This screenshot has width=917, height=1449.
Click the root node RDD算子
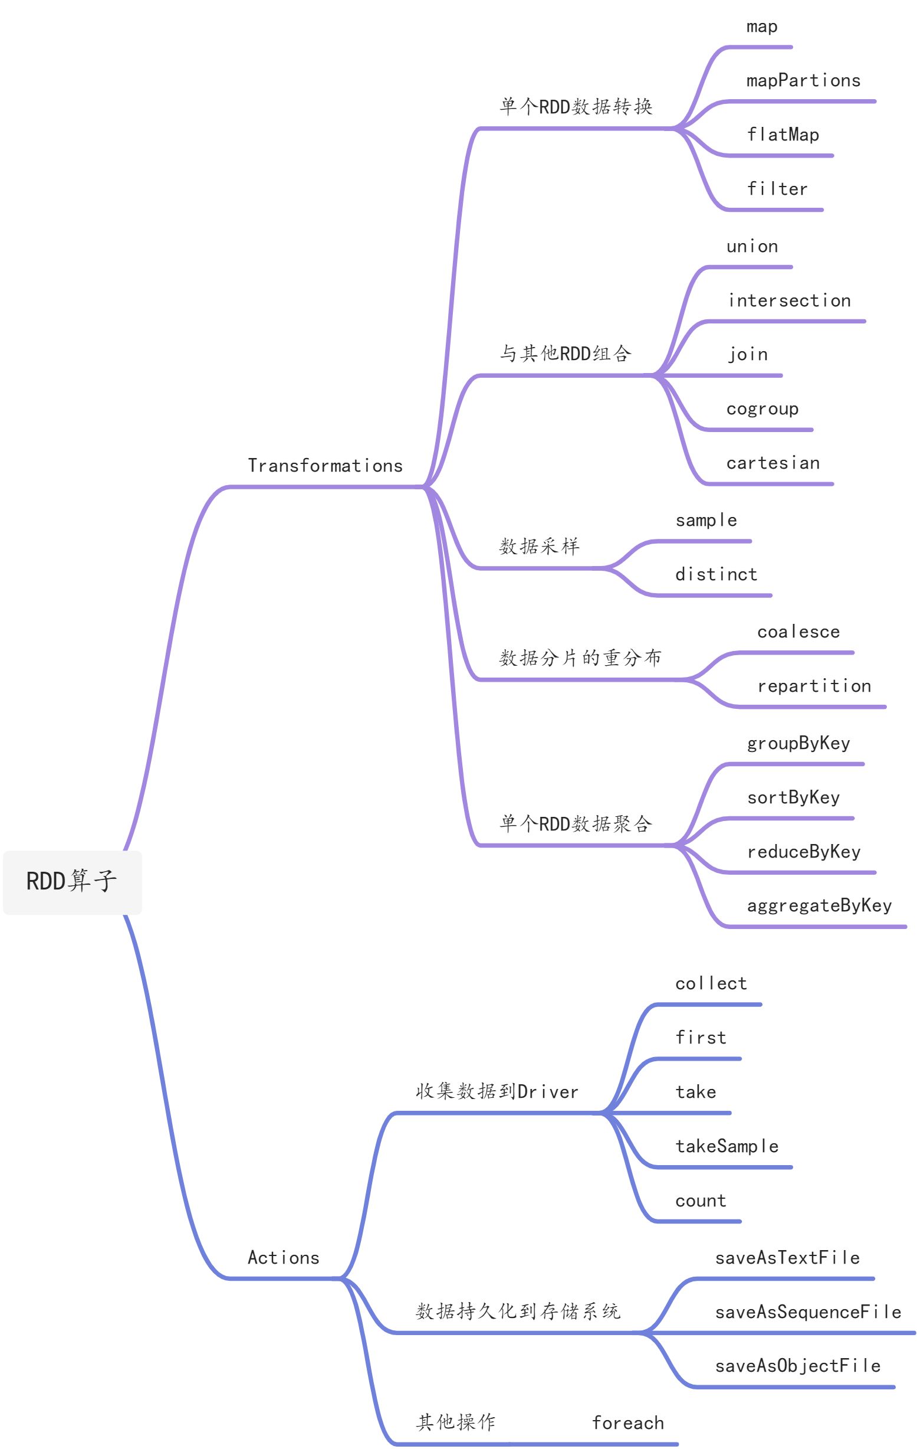pos(72,882)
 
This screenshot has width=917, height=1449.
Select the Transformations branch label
pos(325,466)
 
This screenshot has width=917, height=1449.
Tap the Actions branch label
pos(283,1258)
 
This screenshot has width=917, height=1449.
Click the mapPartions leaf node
pos(803,81)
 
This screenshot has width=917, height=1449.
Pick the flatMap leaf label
pos(783,135)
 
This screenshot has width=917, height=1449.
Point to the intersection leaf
pos(789,300)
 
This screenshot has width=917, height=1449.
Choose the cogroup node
pos(762,409)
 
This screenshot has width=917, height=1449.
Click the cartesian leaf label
pos(773,463)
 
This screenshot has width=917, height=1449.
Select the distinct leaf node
pos(715,575)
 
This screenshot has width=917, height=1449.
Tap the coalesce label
pos(798,632)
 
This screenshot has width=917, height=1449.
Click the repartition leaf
pos(814,686)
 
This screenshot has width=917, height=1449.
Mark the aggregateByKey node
pos(819,905)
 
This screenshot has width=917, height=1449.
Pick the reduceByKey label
pos(803,852)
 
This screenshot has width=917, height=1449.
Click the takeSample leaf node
pos(727,1146)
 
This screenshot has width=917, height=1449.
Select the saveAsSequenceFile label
pos(807,1312)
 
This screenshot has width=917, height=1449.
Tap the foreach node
pos(628,1422)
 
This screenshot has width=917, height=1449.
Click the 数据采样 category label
pos(539,547)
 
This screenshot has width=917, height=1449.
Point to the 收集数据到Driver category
pos(497,1091)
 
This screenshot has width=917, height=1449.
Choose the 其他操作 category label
pos(456,1422)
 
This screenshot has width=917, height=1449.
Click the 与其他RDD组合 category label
pos(565,354)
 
